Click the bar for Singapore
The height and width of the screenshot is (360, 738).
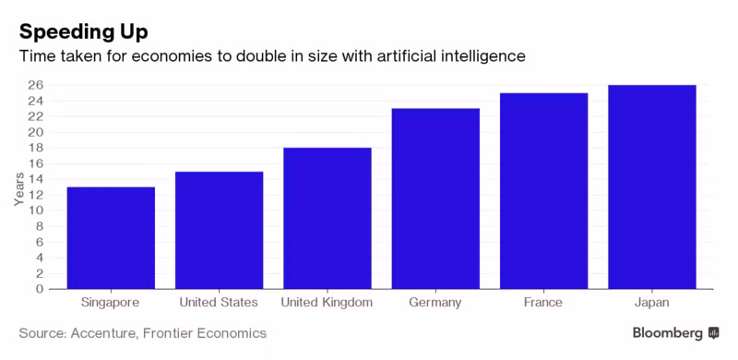click(x=111, y=238)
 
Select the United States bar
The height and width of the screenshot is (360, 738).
click(x=219, y=230)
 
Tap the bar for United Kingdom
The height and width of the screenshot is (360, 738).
click(x=327, y=218)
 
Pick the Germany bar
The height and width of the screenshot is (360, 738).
click(x=435, y=198)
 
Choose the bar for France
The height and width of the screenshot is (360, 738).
click(x=543, y=191)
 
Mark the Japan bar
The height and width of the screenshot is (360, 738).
click(x=652, y=187)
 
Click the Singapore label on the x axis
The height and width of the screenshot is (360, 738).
click(x=110, y=303)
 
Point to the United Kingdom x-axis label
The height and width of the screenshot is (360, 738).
click(x=327, y=303)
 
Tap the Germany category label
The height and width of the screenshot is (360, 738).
click(x=435, y=303)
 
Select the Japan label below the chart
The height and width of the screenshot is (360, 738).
click(x=652, y=303)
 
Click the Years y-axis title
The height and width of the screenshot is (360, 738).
click(x=18, y=189)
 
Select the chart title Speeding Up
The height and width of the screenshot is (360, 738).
click(x=83, y=32)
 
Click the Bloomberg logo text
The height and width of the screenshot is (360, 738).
click(x=667, y=333)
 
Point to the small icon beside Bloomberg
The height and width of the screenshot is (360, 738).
click(x=713, y=333)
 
